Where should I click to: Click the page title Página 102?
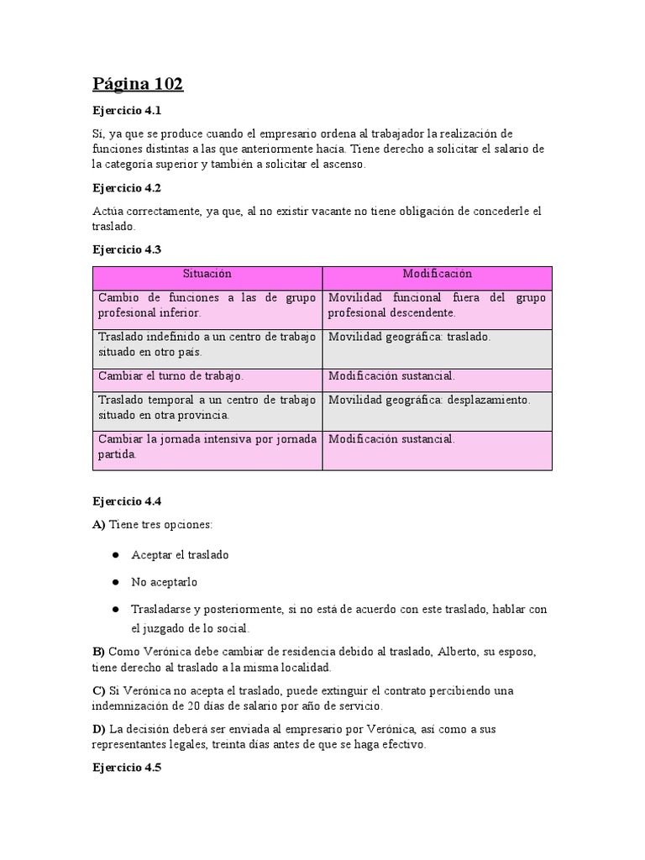137,84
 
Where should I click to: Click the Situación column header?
207,275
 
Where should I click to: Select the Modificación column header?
437,275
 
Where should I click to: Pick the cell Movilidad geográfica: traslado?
409,337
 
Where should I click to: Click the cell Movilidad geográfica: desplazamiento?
429,401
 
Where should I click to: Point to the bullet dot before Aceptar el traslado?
114,556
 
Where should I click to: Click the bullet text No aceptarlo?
164,581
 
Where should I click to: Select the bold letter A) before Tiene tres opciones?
99,525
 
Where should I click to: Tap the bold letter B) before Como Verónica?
99,652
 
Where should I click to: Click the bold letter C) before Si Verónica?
99,690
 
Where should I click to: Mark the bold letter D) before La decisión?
99,729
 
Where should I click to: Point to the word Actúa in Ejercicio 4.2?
109,211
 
